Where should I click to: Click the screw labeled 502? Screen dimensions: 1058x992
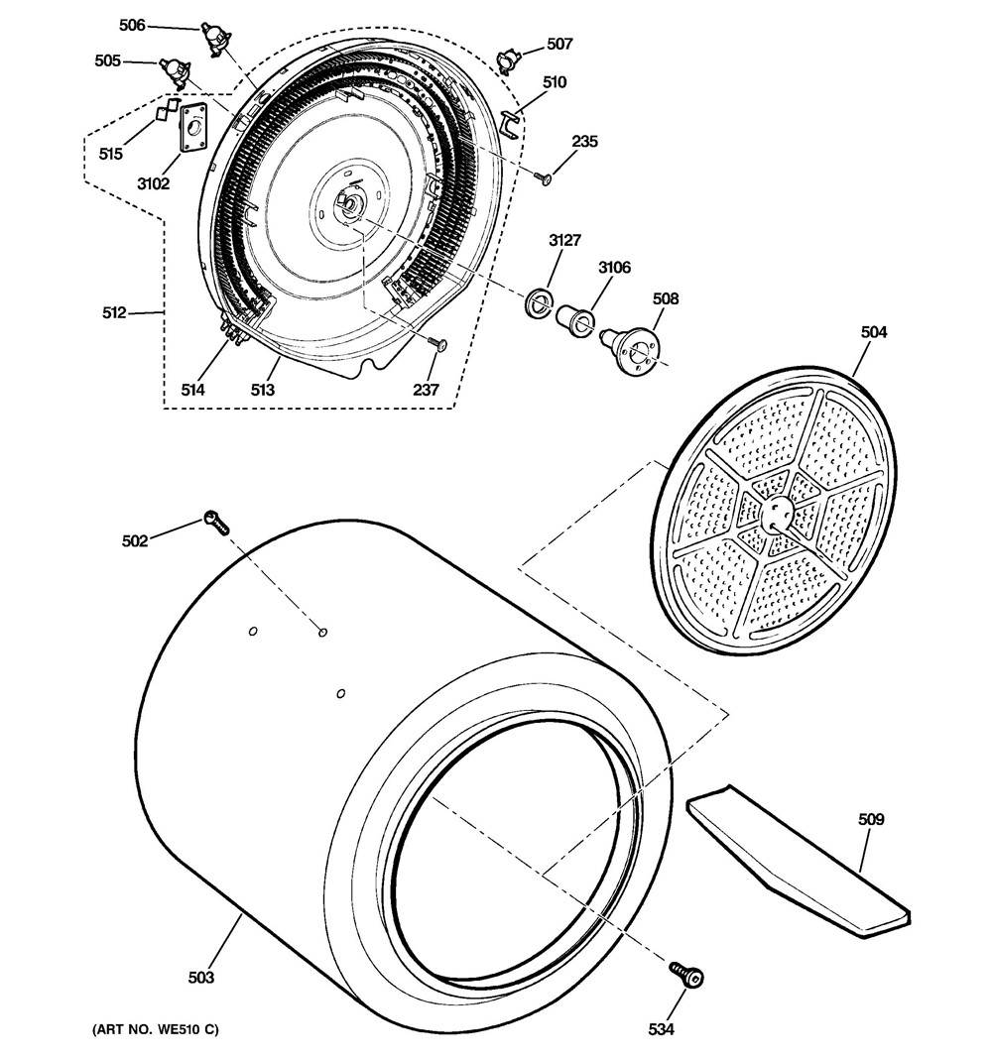coord(215,522)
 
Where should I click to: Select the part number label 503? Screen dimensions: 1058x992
coord(201,978)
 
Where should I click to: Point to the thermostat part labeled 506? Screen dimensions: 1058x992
coord(214,38)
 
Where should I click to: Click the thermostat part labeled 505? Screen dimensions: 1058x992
coord(177,72)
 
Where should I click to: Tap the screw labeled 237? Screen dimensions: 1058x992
coord(437,344)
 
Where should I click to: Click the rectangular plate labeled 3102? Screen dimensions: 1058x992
coord(192,127)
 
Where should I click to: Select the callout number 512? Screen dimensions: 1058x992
coord(114,313)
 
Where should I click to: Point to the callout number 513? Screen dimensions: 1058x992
coord(262,390)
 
